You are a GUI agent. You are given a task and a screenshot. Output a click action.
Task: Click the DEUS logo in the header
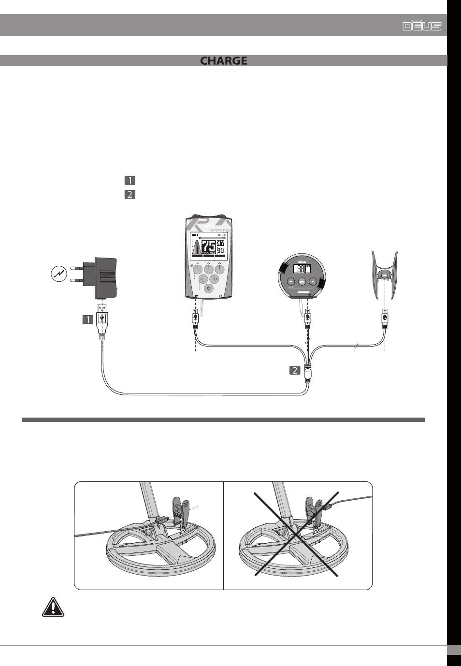pos(422,26)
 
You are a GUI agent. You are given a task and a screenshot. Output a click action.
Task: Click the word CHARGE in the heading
pos(224,61)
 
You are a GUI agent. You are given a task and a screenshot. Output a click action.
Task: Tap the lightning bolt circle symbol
pos(59,274)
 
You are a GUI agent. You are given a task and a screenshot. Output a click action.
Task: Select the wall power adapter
pos(101,279)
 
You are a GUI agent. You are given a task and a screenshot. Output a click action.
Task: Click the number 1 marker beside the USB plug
pos(87,319)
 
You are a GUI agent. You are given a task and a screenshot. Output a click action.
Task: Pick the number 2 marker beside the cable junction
pos(294,371)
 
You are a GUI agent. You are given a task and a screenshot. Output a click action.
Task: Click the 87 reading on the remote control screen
pos(220,243)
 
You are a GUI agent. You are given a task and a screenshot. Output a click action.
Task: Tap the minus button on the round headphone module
pos(291,281)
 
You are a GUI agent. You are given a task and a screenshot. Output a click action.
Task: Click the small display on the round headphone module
pos(302,269)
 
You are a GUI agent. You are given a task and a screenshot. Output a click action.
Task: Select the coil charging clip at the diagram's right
pos(384,275)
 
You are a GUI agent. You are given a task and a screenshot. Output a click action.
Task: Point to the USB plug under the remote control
pos(195,319)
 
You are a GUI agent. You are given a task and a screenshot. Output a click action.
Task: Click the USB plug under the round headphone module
pos(307,319)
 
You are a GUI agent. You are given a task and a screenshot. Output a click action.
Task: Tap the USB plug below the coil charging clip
pos(385,319)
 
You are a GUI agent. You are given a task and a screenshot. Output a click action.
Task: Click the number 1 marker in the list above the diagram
pos(130,180)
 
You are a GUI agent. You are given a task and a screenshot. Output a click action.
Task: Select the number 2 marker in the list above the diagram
pos(130,194)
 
